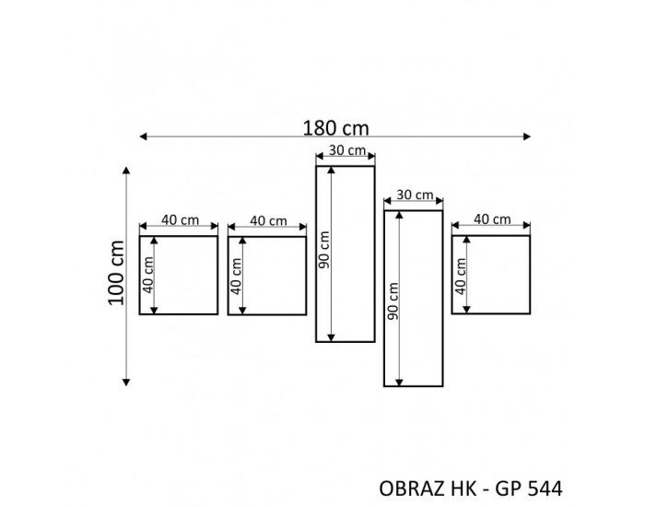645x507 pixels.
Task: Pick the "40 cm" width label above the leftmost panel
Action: coord(179,219)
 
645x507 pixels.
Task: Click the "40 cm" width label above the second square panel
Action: coord(267,220)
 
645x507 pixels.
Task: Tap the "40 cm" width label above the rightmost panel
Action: coord(492,219)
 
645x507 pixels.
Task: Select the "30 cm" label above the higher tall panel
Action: coord(346,150)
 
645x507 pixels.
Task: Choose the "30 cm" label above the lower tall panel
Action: coord(414,195)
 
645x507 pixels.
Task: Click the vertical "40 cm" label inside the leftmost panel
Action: coord(148,275)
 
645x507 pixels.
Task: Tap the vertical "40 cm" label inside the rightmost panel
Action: coord(460,275)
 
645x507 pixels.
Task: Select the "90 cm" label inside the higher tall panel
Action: coord(323,252)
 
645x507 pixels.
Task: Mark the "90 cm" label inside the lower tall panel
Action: coord(392,301)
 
